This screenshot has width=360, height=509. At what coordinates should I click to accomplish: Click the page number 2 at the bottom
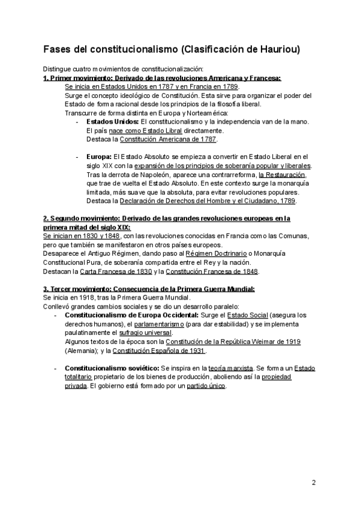point(314,483)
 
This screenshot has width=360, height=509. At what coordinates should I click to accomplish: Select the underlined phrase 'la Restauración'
point(282,175)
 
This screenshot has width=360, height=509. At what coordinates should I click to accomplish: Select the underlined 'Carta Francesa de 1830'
point(114,271)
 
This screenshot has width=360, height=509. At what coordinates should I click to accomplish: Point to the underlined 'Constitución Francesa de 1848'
point(209,271)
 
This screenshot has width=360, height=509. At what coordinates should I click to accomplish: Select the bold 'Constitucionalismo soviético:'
point(111,368)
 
